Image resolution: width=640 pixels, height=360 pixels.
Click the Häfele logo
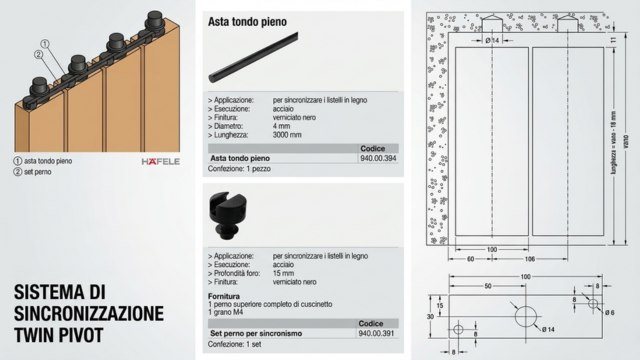click(x=158, y=160)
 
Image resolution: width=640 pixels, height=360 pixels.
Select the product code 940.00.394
click(x=377, y=158)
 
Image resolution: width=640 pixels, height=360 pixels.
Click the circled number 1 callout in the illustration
click(x=44, y=43)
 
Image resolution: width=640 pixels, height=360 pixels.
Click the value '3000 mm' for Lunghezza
click(x=290, y=133)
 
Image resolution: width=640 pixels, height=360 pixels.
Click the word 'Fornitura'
click(x=225, y=295)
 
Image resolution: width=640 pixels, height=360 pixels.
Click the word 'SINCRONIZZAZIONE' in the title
click(x=89, y=311)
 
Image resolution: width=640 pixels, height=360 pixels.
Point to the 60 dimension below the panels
click(x=469, y=257)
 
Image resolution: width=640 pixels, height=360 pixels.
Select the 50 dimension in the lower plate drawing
click(x=487, y=286)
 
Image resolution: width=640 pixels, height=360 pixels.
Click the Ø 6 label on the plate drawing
click(x=610, y=313)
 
